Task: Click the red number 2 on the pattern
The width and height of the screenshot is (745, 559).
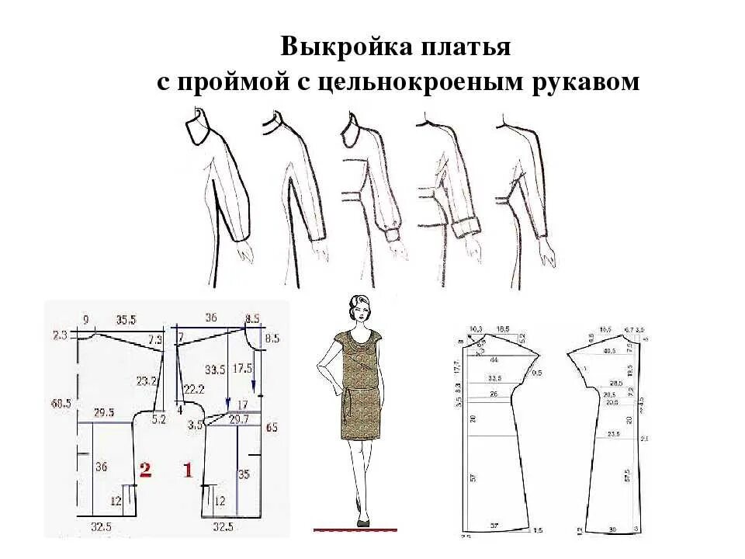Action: coord(144,468)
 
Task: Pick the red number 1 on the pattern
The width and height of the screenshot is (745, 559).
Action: coord(187,468)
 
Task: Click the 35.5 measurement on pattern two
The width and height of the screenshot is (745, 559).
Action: coord(126,318)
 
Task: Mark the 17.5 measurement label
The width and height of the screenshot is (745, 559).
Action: coord(242,367)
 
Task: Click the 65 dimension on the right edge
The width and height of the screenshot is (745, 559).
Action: coord(271,427)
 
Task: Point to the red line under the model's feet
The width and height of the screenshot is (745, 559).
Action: coord(355,529)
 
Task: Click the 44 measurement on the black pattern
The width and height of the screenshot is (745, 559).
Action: coord(494,360)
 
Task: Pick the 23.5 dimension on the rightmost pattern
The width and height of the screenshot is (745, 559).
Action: coord(614,434)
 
